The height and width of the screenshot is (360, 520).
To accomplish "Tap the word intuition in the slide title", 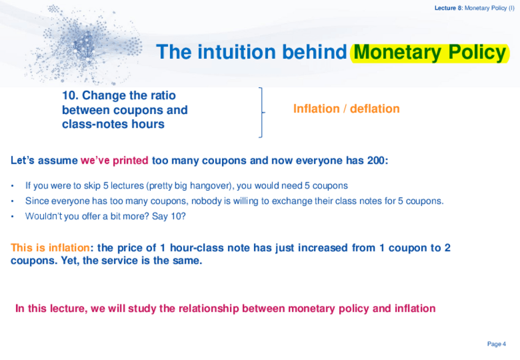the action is click(x=237, y=52).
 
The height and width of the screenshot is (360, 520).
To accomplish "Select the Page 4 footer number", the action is click(x=497, y=343).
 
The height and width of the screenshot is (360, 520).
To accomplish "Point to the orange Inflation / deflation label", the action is click(x=346, y=109).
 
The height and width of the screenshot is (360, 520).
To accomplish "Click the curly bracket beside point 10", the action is click(x=262, y=112).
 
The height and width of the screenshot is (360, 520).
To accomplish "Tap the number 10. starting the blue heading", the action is click(x=71, y=96).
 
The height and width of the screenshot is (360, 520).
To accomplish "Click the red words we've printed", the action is click(x=115, y=161).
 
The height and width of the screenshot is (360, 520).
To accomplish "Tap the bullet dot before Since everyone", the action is click(x=13, y=201).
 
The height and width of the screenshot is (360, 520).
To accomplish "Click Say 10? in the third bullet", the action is click(x=169, y=216).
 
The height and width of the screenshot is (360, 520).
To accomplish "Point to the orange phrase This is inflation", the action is click(x=50, y=248).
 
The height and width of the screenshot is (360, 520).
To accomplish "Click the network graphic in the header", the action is click(x=83, y=45).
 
